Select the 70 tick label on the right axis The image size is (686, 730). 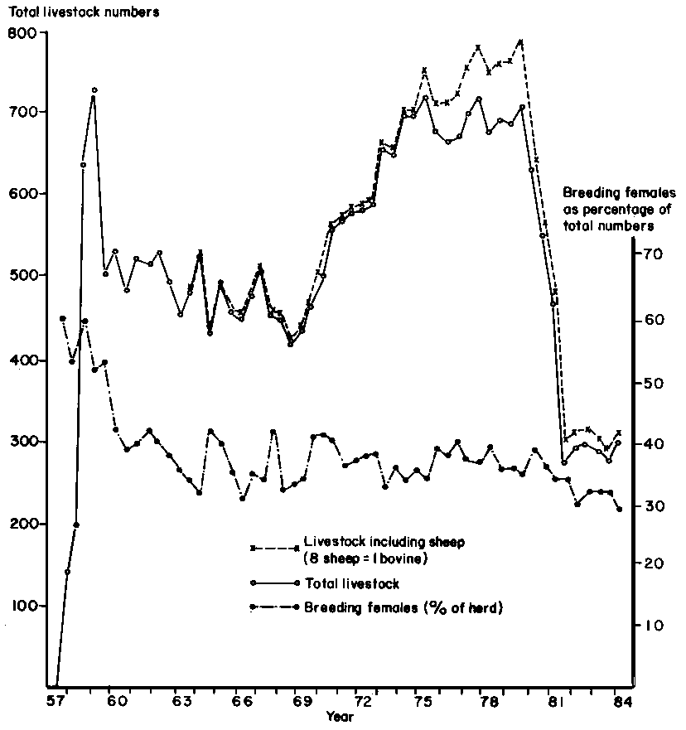coord(646,254)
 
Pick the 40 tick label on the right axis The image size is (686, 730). coord(646,445)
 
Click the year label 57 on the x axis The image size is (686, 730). coord(55,701)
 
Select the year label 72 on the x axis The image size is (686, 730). coord(362,701)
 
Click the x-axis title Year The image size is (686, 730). coord(339,716)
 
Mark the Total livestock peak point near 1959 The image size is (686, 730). coord(94,89)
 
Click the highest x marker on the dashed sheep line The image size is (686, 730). coord(520,41)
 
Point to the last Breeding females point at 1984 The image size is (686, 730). coord(620,510)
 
